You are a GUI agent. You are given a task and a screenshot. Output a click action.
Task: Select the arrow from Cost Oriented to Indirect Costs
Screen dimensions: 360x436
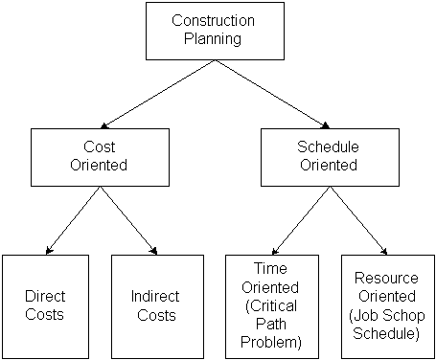point(128,221)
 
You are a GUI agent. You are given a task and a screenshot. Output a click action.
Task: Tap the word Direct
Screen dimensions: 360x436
point(45,297)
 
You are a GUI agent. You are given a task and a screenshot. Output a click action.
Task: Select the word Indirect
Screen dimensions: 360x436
point(154,297)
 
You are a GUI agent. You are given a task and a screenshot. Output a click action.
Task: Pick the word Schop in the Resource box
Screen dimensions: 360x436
point(398,320)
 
